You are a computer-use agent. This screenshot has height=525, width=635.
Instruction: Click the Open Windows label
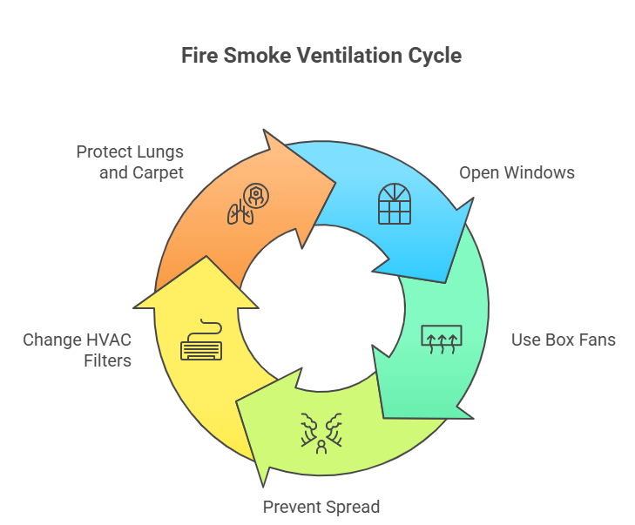click(517, 172)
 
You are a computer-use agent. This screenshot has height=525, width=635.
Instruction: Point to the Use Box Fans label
click(563, 340)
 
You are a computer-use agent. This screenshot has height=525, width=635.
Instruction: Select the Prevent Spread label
click(321, 507)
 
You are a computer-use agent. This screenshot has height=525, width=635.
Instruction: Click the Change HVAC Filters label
click(78, 348)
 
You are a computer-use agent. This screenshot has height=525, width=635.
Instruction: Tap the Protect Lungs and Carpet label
click(130, 162)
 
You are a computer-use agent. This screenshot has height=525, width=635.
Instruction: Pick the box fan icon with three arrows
click(442, 339)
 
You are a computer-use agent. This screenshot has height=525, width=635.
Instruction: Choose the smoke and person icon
click(321, 432)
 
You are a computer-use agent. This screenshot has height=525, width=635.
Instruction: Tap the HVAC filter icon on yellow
click(201, 342)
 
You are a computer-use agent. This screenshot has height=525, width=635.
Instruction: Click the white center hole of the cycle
click(321, 306)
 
